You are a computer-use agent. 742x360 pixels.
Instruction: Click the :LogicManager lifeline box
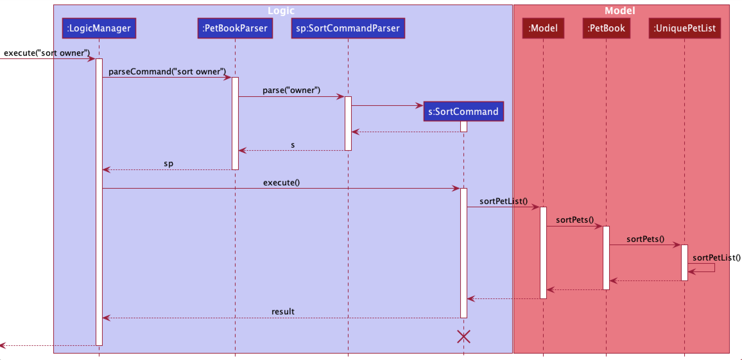[x=99, y=28]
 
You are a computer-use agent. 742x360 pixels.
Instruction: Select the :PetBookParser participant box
[x=235, y=28]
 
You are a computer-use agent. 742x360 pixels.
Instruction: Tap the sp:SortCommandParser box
[x=348, y=28]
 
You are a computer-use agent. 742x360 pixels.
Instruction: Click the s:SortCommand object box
[x=463, y=111]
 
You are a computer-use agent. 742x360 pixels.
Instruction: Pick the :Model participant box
[x=543, y=28]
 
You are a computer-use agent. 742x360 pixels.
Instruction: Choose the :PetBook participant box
[x=606, y=28]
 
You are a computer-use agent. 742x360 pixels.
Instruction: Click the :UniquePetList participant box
[x=685, y=28]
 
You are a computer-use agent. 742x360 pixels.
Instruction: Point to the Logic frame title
[x=281, y=11]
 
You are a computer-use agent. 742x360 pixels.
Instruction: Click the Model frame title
[x=620, y=11]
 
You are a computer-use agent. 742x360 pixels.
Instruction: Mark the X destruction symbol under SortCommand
[x=464, y=337]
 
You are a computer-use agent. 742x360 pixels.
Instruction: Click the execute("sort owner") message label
[x=47, y=53]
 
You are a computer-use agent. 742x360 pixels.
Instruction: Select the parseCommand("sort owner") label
[x=167, y=72]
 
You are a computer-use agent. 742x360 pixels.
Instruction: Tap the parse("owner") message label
[x=291, y=90]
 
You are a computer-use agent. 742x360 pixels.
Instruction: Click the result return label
[x=283, y=312]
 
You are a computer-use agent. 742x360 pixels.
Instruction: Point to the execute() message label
[x=281, y=183]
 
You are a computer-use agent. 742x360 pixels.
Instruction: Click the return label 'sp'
[x=168, y=164]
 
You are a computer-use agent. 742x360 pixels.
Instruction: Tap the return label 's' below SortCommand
[x=293, y=145]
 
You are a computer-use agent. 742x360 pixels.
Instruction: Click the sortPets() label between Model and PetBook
[x=575, y=220]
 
